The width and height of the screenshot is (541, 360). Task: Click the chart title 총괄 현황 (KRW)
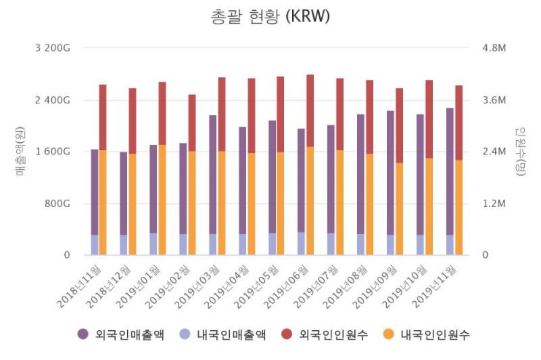tap(270, 17)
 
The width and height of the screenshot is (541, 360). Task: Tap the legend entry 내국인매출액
tap(223, 334)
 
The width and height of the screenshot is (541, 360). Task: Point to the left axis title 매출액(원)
tap(20, 152)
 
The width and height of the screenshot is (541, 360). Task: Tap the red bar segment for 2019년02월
tap(192, 122)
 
